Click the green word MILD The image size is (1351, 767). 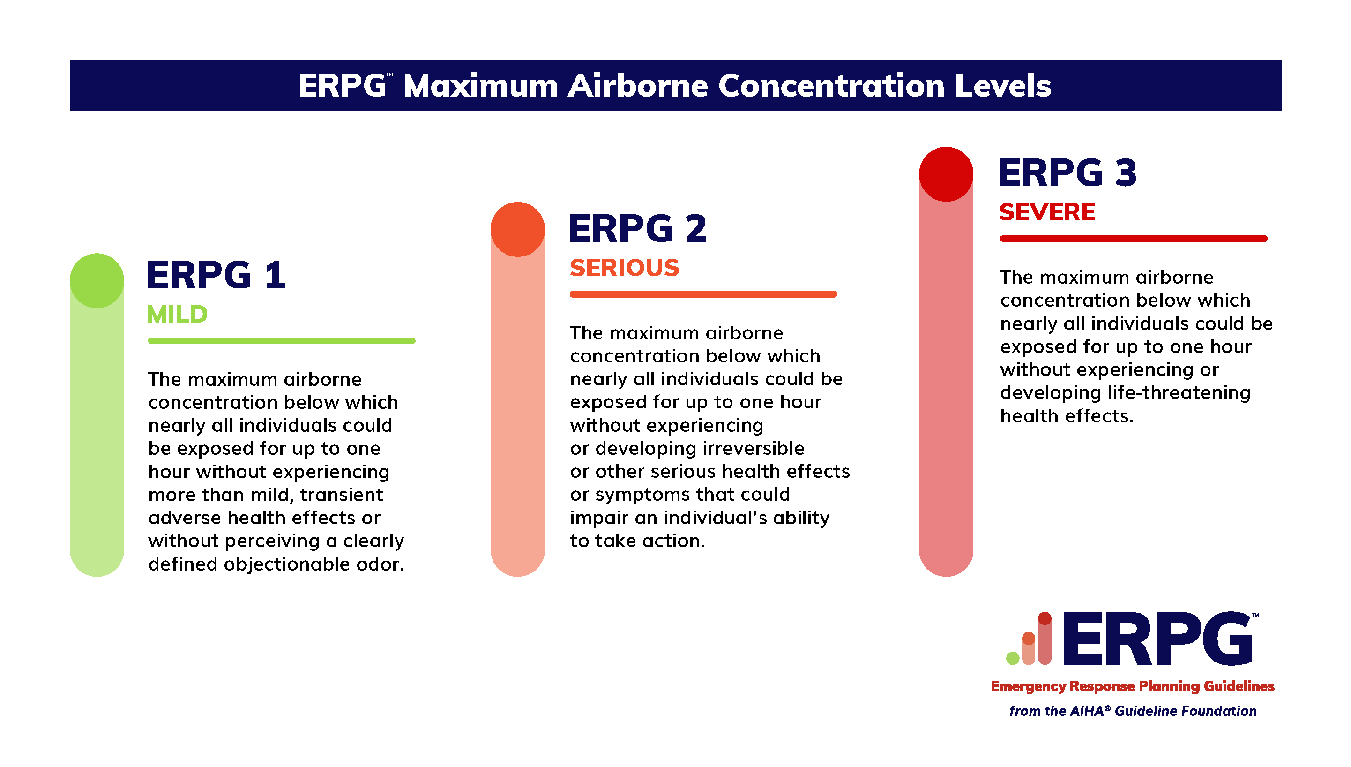tap(178, 315)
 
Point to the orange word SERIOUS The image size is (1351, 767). tap(625, 268)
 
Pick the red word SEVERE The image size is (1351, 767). tap(1047, 212)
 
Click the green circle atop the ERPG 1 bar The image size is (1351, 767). tap(97, 281)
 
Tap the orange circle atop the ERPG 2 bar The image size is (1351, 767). tap(517, 229)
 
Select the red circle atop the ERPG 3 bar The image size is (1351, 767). tap(946, 174)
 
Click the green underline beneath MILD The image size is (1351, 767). tap(282, 341)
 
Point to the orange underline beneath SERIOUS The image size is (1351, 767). tap(703, 294)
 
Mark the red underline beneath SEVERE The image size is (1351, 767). tap(1134, 239)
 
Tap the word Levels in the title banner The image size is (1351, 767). tap(1003, 85)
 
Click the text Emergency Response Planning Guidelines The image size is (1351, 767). tap(1133, 686)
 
